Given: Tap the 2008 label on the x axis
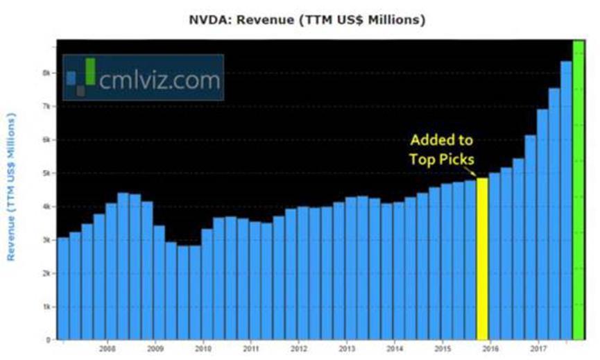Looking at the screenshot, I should pos(108,348).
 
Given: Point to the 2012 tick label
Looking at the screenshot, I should pos(299,348).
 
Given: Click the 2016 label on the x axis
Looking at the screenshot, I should pos(490,348).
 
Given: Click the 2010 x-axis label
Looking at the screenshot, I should pos(203,348).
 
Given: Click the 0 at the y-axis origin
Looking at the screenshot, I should pos(50,340).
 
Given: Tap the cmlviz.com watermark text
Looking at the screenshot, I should pos(160,80).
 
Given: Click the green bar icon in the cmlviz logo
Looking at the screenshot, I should pos(89,71).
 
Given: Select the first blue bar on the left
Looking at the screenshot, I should pos(63,289).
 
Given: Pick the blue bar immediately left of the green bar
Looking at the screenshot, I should pos(566,200).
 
